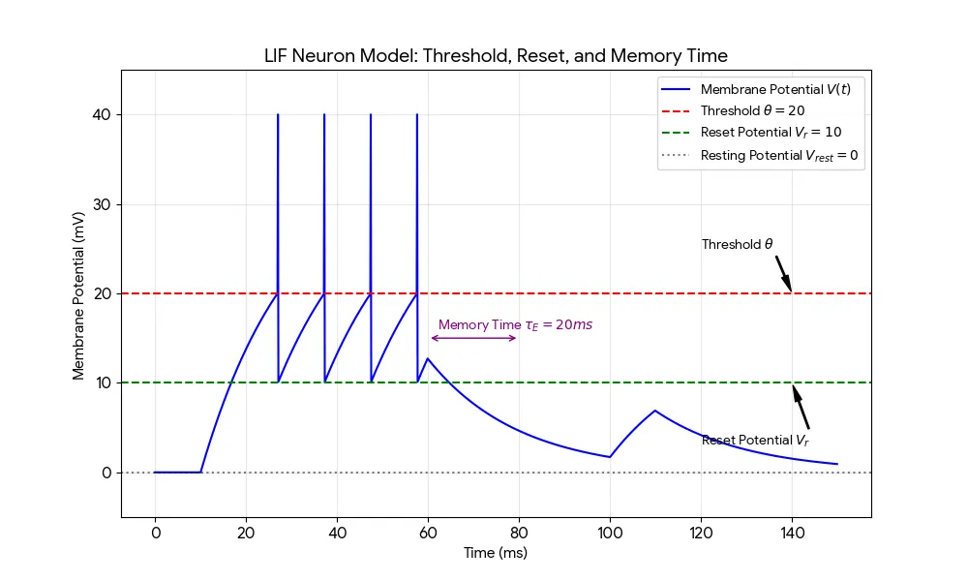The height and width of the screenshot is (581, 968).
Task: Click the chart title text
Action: [x=496, y=55]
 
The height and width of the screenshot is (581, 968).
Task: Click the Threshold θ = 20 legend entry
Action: [x=752, y=111]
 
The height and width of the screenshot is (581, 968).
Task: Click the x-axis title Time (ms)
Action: [x=496, y=553]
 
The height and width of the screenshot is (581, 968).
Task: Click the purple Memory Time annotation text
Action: [x=515, y=325]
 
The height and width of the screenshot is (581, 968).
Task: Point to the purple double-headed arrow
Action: [x=473, y=338]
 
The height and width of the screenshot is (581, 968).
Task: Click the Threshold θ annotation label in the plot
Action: [x=738, y=245]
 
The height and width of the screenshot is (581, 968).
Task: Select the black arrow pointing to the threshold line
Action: [x=784, y=273]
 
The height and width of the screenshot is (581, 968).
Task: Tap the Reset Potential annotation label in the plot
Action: [x=755, y=441]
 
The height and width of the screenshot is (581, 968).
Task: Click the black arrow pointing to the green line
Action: [x=801, y=408]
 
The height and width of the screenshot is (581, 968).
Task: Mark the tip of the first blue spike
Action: [x=278, y=115]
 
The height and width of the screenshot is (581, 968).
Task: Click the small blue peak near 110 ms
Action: [x=655, y=411]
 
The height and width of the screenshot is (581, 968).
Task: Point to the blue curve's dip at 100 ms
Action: [x=610, y=457]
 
